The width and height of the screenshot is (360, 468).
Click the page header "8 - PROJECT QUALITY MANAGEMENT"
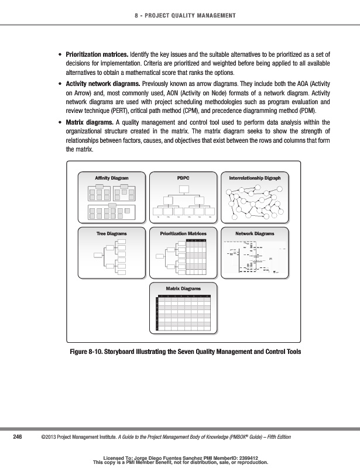[180, 15]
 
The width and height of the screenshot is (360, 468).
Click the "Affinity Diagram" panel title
[111, 177]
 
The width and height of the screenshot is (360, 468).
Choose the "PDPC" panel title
[183, 177]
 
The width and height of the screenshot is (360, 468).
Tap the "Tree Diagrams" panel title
[111, 233]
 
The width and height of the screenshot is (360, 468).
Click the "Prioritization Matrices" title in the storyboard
[183, 233]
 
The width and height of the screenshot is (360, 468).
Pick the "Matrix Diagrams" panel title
[183, 288]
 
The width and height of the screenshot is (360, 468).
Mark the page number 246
[18, 437]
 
